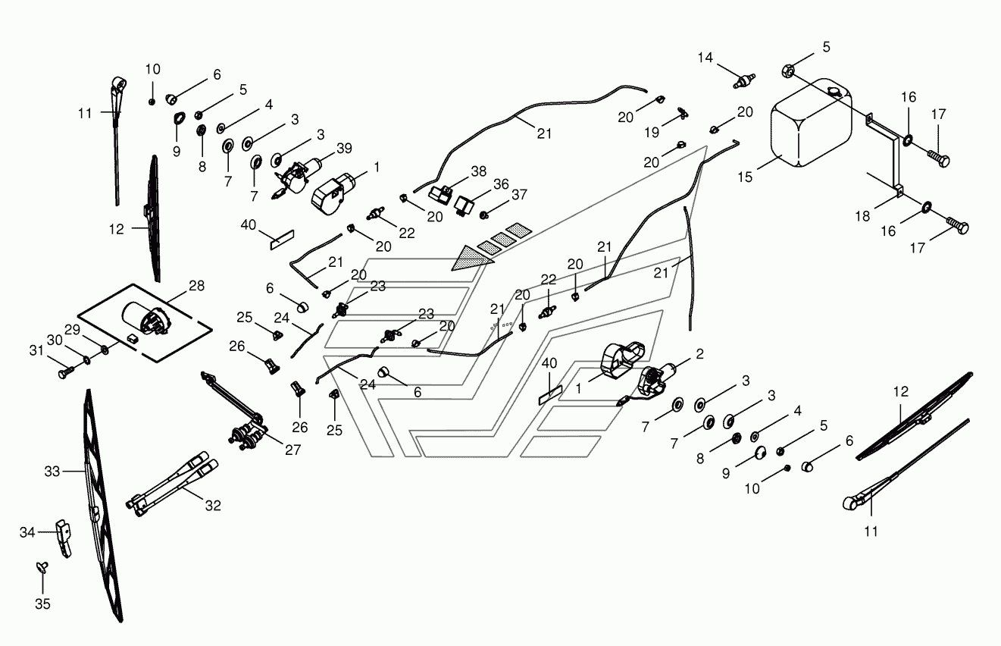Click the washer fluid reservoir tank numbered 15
(x=811, y=123)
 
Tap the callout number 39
(x=344, y=148)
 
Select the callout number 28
(x=196, y=285)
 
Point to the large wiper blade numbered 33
(x=102, y=505)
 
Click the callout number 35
(x=43, y=604)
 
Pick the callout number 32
(x=213, y=505)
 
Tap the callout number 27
(x=292, y=450)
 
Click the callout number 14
(x=705, y=57)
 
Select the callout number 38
(x=479, y=171)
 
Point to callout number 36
(x=501, y=183)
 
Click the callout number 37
(x=519, y=194)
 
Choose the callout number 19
(x=652, y=133)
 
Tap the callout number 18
(x=862, y=216)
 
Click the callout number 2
(x=700, y=353)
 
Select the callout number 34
(x=27, y=532)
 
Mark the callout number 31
(x=36, y=350)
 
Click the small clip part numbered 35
(x=42, y=566)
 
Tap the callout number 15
(x=745, y=177)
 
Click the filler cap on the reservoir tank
(x=834, y=91)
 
